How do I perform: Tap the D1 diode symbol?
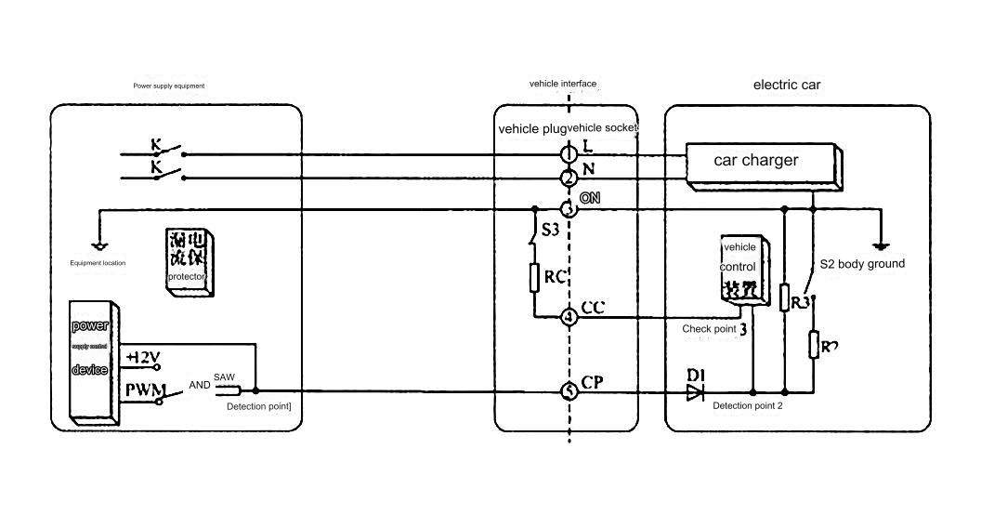695,392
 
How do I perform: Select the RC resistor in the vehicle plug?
535,277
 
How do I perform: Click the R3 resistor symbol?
785,297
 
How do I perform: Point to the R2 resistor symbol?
814,345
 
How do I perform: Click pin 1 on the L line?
569,152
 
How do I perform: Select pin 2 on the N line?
569,178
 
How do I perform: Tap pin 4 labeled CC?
569,317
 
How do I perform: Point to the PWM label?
145,389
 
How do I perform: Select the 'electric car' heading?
786,85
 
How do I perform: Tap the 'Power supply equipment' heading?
169,86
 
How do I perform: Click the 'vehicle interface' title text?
563,84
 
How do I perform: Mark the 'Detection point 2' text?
748,406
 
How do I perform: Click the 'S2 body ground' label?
862,264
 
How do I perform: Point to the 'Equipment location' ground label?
98,263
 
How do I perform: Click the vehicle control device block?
742,270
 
